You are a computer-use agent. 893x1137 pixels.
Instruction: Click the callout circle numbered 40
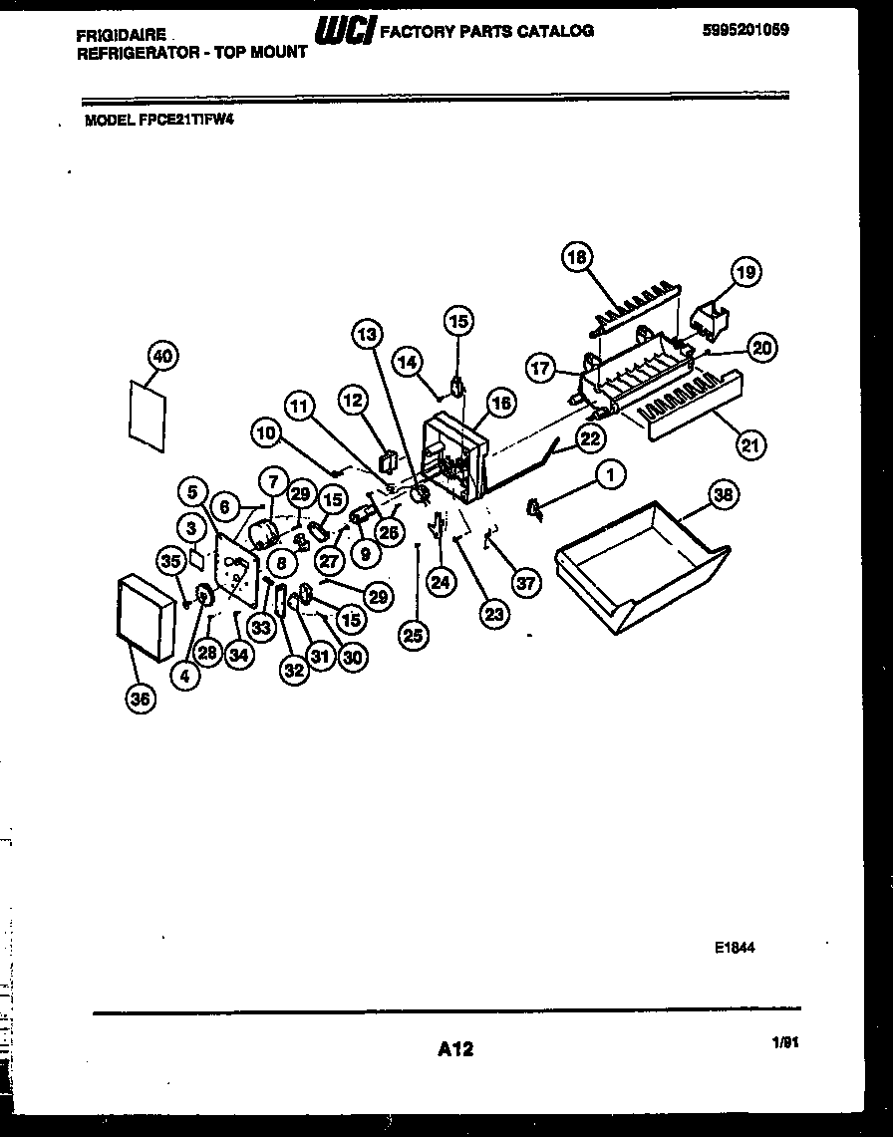click(162, 356)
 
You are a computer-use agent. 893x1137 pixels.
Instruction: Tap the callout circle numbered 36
click(140, 700)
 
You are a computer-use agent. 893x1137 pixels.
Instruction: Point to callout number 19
click(745, 272)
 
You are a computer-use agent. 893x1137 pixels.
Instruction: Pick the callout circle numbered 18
click(576, 257)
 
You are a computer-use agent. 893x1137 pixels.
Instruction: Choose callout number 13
click(366, 336)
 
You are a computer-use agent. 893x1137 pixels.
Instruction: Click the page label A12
click(454, 1048)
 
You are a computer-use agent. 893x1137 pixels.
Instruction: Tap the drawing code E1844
click(735, 949)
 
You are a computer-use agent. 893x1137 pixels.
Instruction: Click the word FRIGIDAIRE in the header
click(121, 35)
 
